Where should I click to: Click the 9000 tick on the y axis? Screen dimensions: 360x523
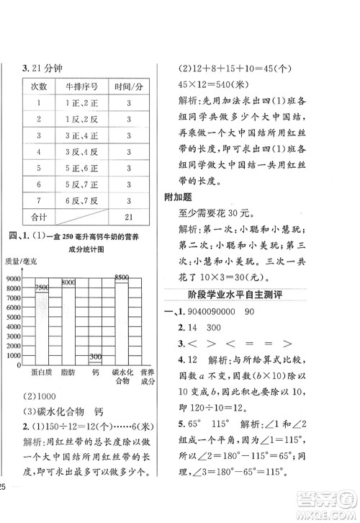click(x=12, y=279)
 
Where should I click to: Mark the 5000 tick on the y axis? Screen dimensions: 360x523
click(x=12, y=317)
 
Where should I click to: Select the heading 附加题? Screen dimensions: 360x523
click(x=184, y=197)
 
